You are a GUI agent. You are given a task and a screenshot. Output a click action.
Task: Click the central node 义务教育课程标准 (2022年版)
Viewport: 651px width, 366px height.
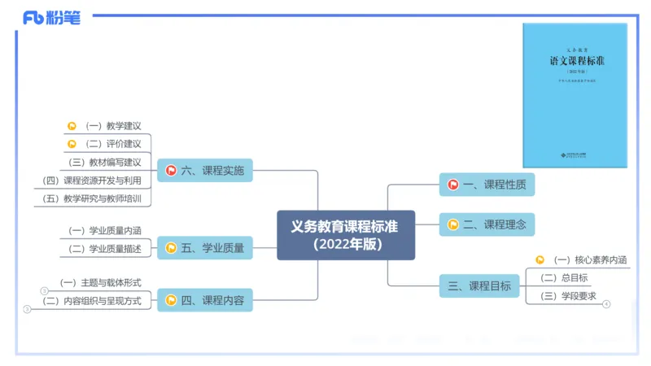tap(346, 235)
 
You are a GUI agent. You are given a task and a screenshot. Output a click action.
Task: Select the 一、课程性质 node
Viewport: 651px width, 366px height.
tap(487, 185)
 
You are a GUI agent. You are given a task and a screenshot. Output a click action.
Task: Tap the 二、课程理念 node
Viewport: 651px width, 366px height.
tap(487, 224)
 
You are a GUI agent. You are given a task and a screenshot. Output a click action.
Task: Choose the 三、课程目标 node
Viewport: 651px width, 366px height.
tap(480, 285)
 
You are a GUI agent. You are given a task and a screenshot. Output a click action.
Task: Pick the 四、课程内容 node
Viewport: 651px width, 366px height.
tap(204, 300)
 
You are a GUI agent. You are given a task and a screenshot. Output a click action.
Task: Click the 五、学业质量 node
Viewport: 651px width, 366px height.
tap(204, 247)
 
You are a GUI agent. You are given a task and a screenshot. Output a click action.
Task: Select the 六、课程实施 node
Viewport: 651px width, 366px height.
tap(204, 170)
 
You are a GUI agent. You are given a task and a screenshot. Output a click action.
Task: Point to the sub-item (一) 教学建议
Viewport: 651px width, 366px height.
tap(113, 126)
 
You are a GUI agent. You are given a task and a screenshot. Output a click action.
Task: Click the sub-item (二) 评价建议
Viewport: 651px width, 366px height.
tap(113, 144)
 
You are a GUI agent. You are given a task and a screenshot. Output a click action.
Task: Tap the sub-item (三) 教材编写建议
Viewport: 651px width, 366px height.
tap(105, 162)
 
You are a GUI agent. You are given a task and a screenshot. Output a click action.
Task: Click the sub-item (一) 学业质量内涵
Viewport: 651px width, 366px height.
tap(105, 230)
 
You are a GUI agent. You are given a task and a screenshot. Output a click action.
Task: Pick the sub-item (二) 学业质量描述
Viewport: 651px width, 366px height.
tap(105, 248)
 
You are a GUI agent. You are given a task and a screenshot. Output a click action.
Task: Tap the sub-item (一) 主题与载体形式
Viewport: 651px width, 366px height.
tap(101, 283)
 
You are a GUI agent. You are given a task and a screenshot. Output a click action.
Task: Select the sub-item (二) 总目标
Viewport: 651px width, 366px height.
tap(570, 278)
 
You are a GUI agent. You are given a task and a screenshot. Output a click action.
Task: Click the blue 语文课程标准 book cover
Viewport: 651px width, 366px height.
tap(575, 96)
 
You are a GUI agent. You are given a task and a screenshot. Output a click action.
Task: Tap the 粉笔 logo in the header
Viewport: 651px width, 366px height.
tap(52, 17)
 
